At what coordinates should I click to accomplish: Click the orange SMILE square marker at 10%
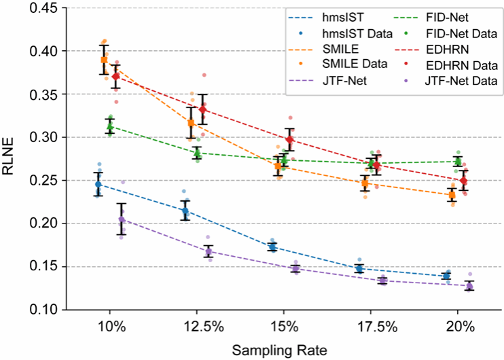(x=104, y=60)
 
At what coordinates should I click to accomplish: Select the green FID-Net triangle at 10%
(x=110, y=126)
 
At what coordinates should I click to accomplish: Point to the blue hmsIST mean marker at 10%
(x=98, y=184)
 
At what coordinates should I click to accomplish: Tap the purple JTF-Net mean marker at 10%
(x=122, y=220)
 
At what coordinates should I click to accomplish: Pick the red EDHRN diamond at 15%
(x=290, y=140)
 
